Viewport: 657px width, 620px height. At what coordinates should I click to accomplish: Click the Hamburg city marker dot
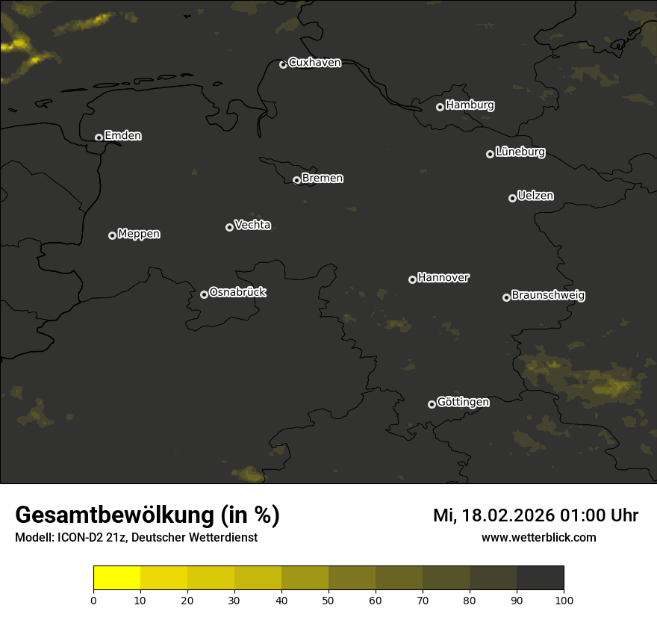coord(440,107)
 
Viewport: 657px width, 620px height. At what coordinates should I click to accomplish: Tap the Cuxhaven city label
coord(314,63)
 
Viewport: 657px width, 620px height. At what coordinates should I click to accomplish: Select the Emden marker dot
coord(99,137)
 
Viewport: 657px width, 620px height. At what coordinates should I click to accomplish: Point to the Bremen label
coord(323,179)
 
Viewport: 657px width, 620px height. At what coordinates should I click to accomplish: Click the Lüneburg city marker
coord(490,154)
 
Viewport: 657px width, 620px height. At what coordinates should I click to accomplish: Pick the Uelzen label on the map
coord(535,196)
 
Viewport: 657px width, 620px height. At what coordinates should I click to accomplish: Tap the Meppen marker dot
coord(112,235)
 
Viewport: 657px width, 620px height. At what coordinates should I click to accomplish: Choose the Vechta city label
coord(252,225)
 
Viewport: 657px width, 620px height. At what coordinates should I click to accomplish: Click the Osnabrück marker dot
coord(204,294)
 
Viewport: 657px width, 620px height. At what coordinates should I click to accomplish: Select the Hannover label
coord(443,278)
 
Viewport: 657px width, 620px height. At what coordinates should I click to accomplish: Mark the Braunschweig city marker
coord(506,297)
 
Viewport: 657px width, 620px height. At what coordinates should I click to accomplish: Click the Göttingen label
coord(463,402)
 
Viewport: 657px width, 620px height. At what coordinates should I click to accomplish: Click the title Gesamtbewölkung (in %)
coord(147,515)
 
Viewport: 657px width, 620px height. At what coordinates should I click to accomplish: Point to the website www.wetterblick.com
coord(538,537)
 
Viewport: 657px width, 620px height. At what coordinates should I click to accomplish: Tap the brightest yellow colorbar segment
coord(116,578)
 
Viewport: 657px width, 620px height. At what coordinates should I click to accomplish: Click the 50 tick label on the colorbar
coord(328,600)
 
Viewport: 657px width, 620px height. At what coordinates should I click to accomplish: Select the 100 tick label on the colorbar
coord(564,600)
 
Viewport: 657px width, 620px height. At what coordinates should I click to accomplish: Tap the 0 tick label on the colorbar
coord(93,600)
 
